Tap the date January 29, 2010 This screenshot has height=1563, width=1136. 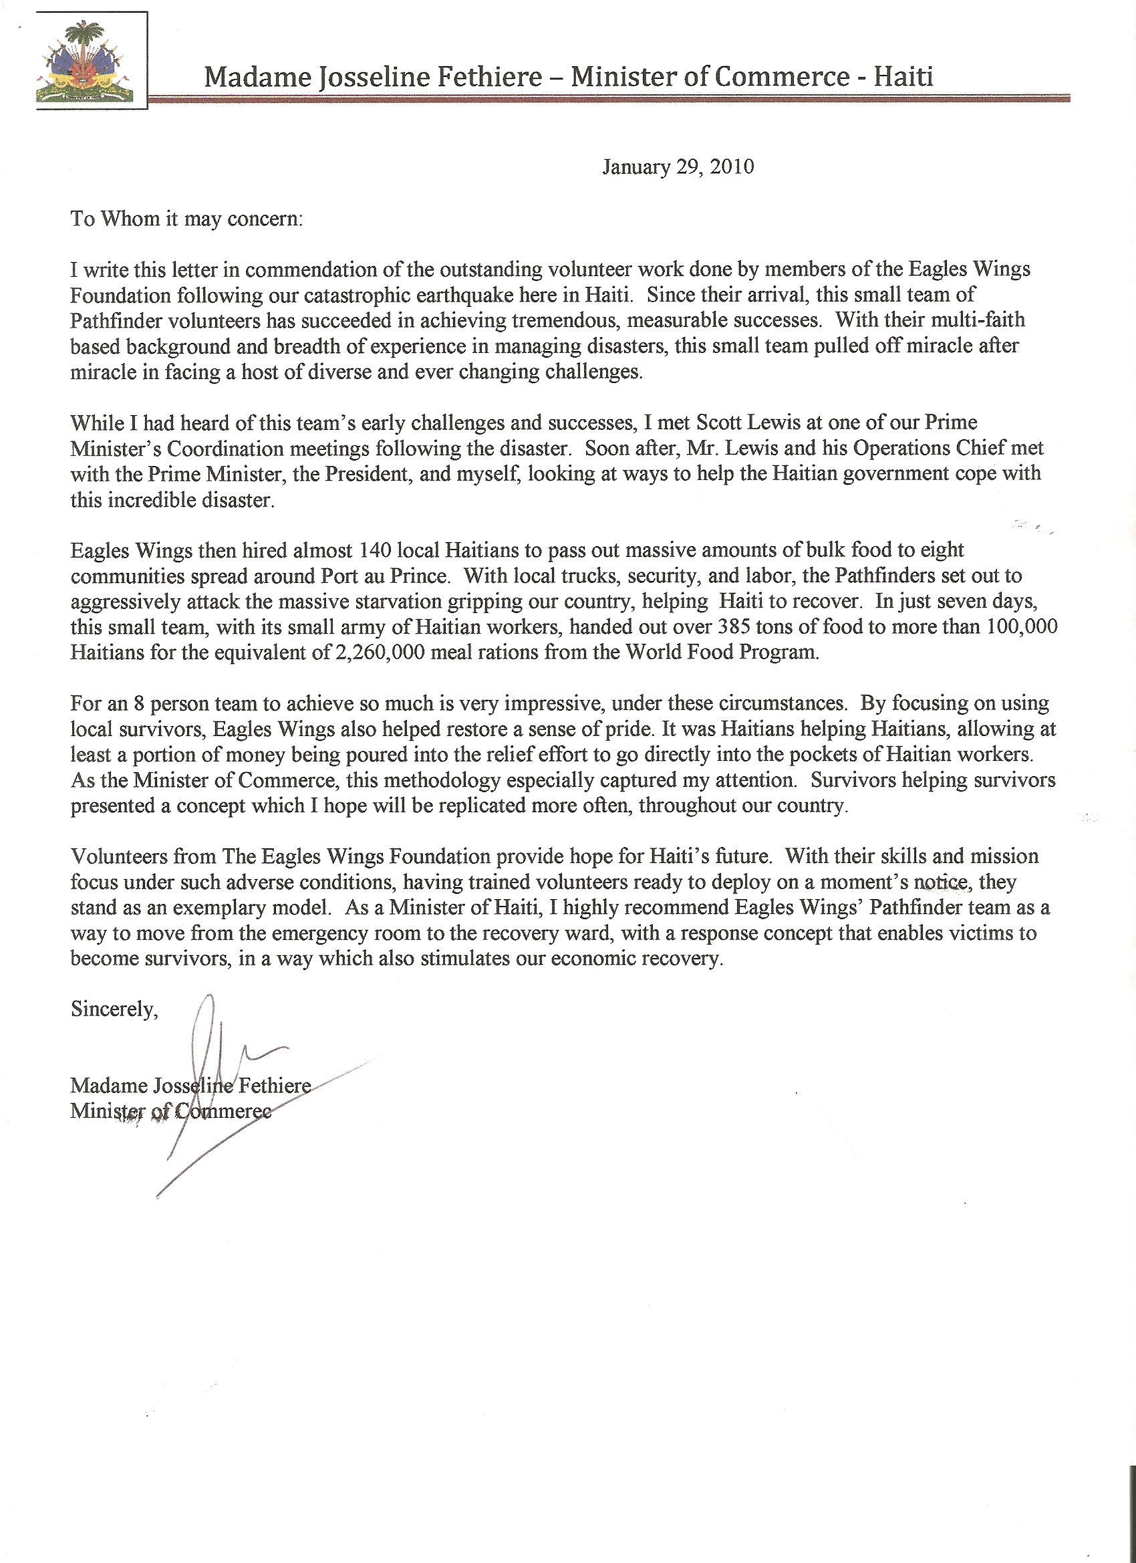tap(678, 166)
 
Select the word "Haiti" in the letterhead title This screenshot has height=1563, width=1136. tap(903, 76)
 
